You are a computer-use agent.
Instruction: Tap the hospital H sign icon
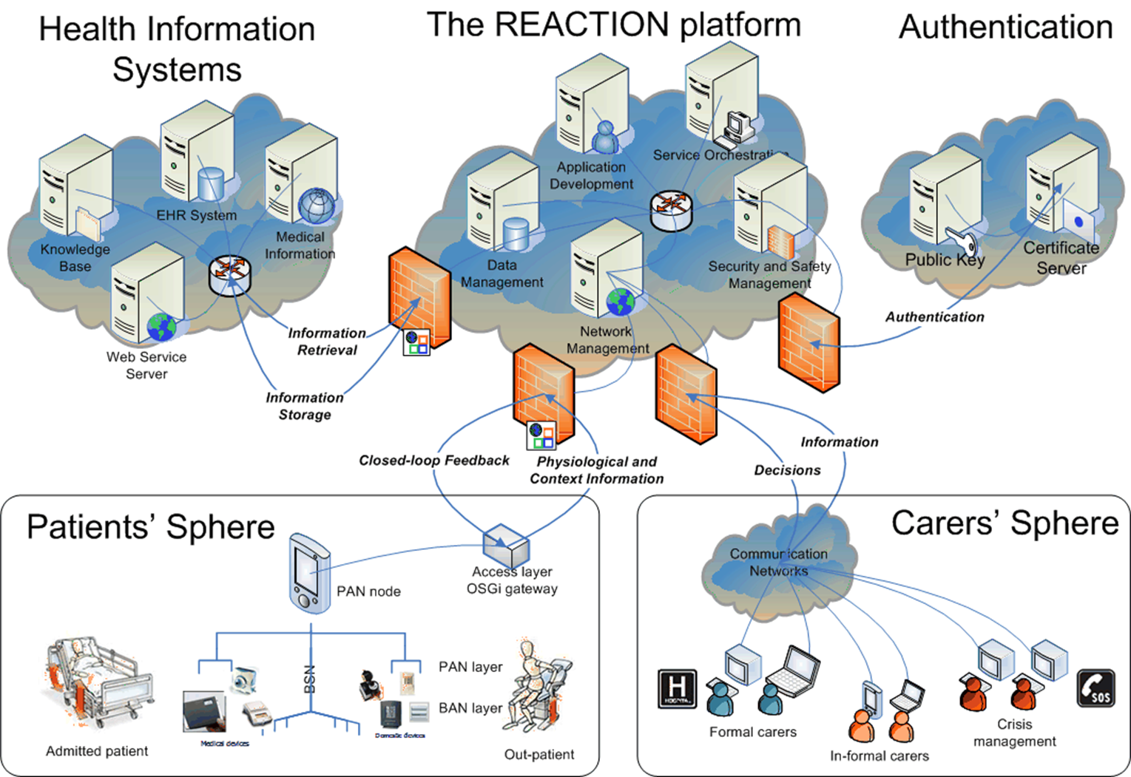click(677, 689)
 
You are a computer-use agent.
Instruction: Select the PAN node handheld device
click(309, 573)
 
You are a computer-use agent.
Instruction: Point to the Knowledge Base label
click(75, 258)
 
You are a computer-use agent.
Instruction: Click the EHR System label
click(197, 215)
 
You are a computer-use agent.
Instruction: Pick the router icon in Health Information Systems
click(230, 275)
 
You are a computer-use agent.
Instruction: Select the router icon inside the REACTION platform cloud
click(672, 211)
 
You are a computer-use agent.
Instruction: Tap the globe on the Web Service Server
click(161, 326)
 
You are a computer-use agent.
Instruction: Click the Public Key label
click(945, 260)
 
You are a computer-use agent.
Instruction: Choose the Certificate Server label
click(1061, 258)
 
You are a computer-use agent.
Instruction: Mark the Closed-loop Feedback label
click(434, 461)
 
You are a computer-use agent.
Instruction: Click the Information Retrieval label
click(327, 342)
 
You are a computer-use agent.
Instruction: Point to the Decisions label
click(787, 470)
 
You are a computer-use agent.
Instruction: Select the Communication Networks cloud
click(779, 562)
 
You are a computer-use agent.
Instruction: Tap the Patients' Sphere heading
click(151, 527)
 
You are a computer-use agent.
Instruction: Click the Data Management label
click(502, 274)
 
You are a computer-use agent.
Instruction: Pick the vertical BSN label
click(310, 679)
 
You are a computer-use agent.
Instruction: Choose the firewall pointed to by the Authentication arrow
click(808, 342)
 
